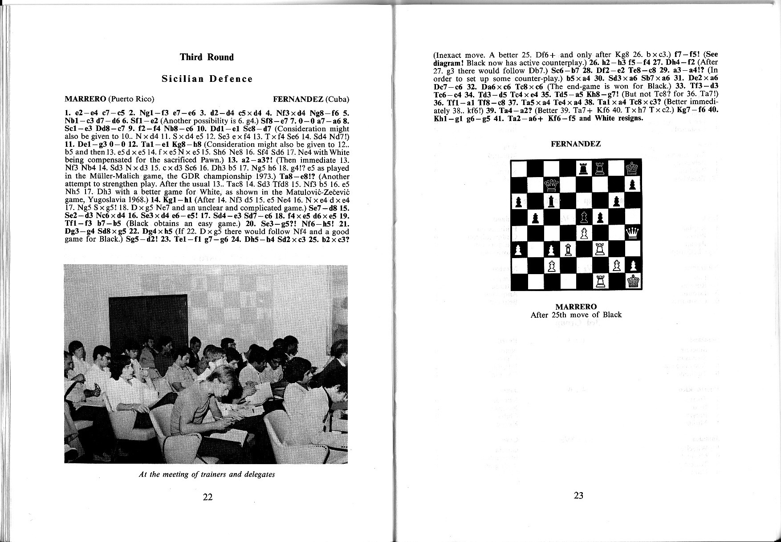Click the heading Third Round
point(207,57)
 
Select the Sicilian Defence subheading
point(207,79)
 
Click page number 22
point(207,497)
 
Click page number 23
point(578,495)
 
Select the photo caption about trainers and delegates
point(207,474)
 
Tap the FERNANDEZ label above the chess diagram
point(576,144)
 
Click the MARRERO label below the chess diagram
point(576,307)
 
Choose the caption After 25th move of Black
point(576,315)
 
